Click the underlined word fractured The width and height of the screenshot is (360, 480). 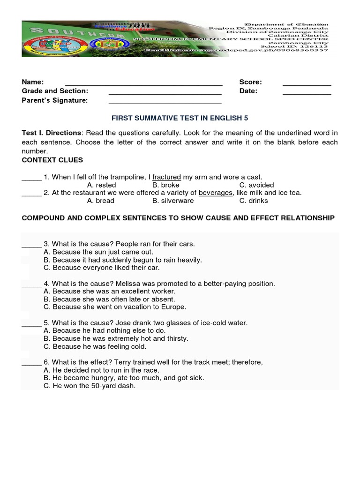click(166, 177)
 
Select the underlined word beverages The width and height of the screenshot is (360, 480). click(215, 193)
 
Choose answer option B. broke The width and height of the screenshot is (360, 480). click(166, 185)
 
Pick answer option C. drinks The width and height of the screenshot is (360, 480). click(254, 201)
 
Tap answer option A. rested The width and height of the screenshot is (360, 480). click(101, 185)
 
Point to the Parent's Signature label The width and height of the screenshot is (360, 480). click(54, 100)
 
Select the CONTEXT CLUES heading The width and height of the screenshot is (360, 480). click(52, 160)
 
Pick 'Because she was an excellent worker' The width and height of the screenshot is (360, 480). click(109, 292)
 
